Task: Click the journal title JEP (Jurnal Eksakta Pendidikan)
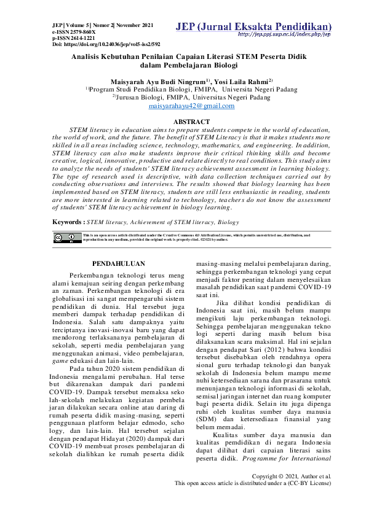[253, 26]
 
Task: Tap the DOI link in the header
[106, 45]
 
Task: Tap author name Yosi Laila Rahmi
[244, 81]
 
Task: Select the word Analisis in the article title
[91, 55]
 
